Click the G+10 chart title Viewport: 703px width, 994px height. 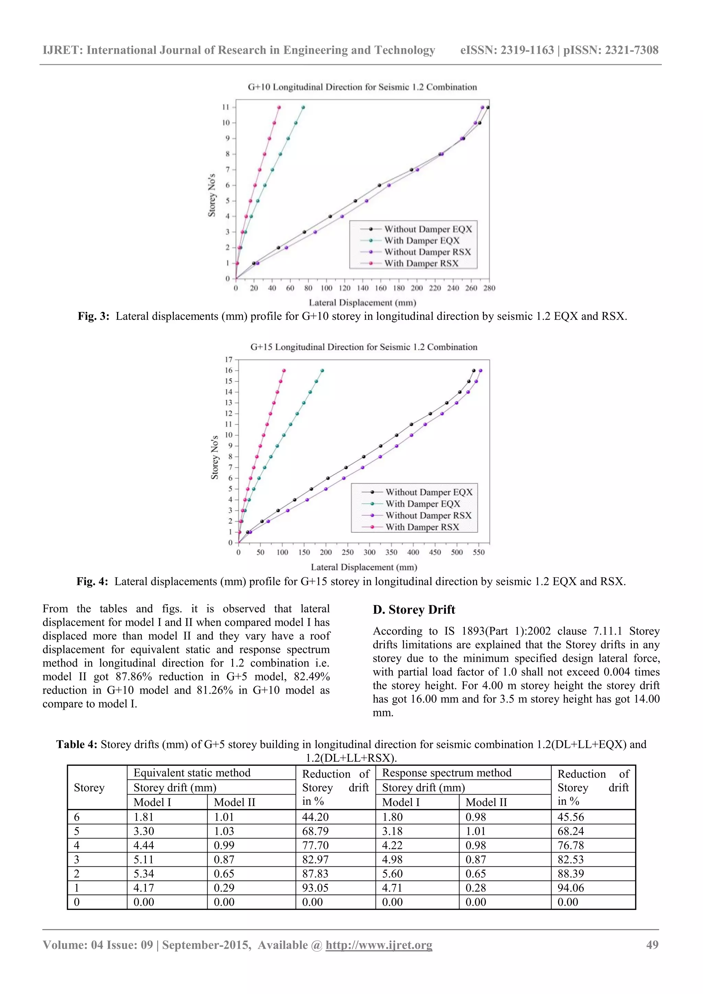362,87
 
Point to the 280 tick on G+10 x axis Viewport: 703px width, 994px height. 489,288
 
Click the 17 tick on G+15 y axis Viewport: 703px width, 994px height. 229,360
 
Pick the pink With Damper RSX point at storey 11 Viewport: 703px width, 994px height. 279,107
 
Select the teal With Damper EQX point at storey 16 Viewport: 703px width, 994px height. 322,371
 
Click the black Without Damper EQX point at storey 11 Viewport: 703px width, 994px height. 488,107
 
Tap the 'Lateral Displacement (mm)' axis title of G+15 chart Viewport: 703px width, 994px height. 364,567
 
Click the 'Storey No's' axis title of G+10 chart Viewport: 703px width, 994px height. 212,195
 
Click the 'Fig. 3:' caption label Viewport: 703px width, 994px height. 93,316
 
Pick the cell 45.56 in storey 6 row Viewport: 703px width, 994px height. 571,817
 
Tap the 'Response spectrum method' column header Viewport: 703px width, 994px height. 446,773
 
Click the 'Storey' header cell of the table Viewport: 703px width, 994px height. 89,787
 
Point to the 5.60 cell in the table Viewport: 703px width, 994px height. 392,874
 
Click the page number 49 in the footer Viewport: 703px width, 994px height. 652,945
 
